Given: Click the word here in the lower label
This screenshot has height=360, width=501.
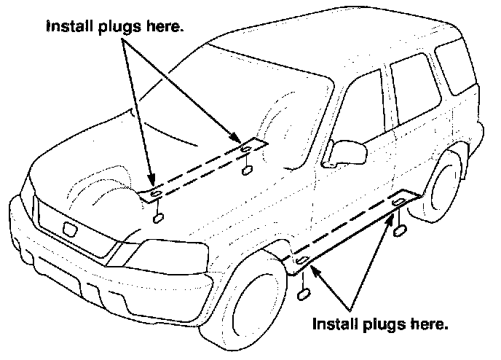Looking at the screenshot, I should tap(428, 321).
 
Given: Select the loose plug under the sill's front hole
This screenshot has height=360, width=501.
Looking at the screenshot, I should tap(304, 295).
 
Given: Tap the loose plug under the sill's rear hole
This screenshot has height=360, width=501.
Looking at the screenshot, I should tap(401, 231).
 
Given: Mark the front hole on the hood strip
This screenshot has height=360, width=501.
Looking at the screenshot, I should tap(155, 193).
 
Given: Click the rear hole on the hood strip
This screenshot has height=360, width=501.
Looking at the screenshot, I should tap(246, 149).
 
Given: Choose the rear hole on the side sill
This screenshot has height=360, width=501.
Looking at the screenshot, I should tap(399, 200).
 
